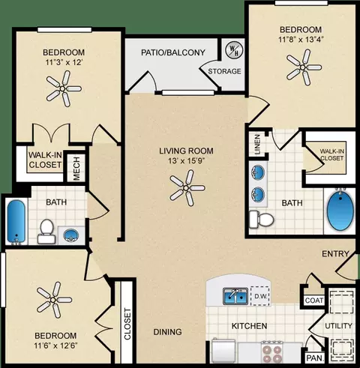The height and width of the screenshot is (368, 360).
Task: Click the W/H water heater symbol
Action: (234, 50)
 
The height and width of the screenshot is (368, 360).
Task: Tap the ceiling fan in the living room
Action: (187, 188)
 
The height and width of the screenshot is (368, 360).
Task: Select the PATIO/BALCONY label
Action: (173, 52)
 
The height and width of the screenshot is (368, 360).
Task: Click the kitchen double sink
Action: (235, 296)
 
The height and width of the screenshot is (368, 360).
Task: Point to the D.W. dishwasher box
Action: (260, 296)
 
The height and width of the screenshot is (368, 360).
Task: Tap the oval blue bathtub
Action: (340, 211)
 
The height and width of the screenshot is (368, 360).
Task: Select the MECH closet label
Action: (76, 169)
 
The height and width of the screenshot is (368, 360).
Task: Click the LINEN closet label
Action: (257, 144)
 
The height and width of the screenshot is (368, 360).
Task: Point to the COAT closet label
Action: (314, 300)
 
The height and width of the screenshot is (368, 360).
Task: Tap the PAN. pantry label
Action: (315, 358)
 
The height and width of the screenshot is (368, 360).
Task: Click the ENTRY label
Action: (335, 254)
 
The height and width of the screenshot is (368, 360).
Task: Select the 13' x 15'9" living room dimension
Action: (187, 161)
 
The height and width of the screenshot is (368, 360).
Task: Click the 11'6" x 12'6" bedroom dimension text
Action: (55, 346)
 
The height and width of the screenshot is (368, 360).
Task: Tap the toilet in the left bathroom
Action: (46, 231)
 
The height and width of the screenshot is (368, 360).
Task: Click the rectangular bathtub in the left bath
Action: (16, 221)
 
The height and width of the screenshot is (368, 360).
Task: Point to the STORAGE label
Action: (224, 71)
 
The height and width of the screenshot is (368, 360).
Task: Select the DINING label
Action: (167, 332)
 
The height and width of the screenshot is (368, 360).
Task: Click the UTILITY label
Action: (338, 326)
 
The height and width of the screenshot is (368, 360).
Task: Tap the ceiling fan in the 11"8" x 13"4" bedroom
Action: (304, 67)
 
